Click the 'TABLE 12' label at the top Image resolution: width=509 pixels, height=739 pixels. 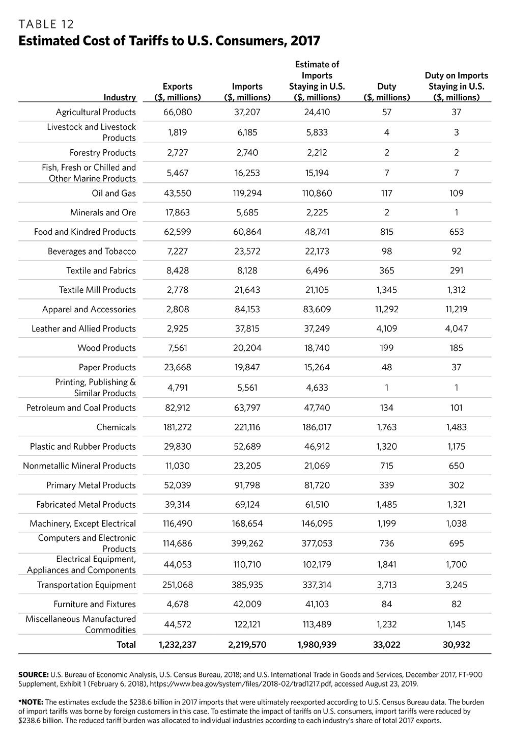46,24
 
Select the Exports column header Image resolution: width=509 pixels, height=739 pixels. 177,92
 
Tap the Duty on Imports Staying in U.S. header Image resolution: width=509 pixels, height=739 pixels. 456,86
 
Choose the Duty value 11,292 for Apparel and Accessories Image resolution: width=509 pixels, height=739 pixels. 387,309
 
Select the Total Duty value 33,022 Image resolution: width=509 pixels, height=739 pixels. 387,644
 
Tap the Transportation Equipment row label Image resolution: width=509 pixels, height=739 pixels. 86,585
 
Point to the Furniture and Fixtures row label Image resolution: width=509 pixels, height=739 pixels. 95,604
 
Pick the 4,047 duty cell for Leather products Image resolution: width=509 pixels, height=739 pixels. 456,329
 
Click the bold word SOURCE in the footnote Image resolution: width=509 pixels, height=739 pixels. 33,674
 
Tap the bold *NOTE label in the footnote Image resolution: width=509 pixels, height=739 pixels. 31,702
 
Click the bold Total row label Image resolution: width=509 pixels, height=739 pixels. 126,644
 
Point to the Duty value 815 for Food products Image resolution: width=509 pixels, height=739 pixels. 387,232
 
